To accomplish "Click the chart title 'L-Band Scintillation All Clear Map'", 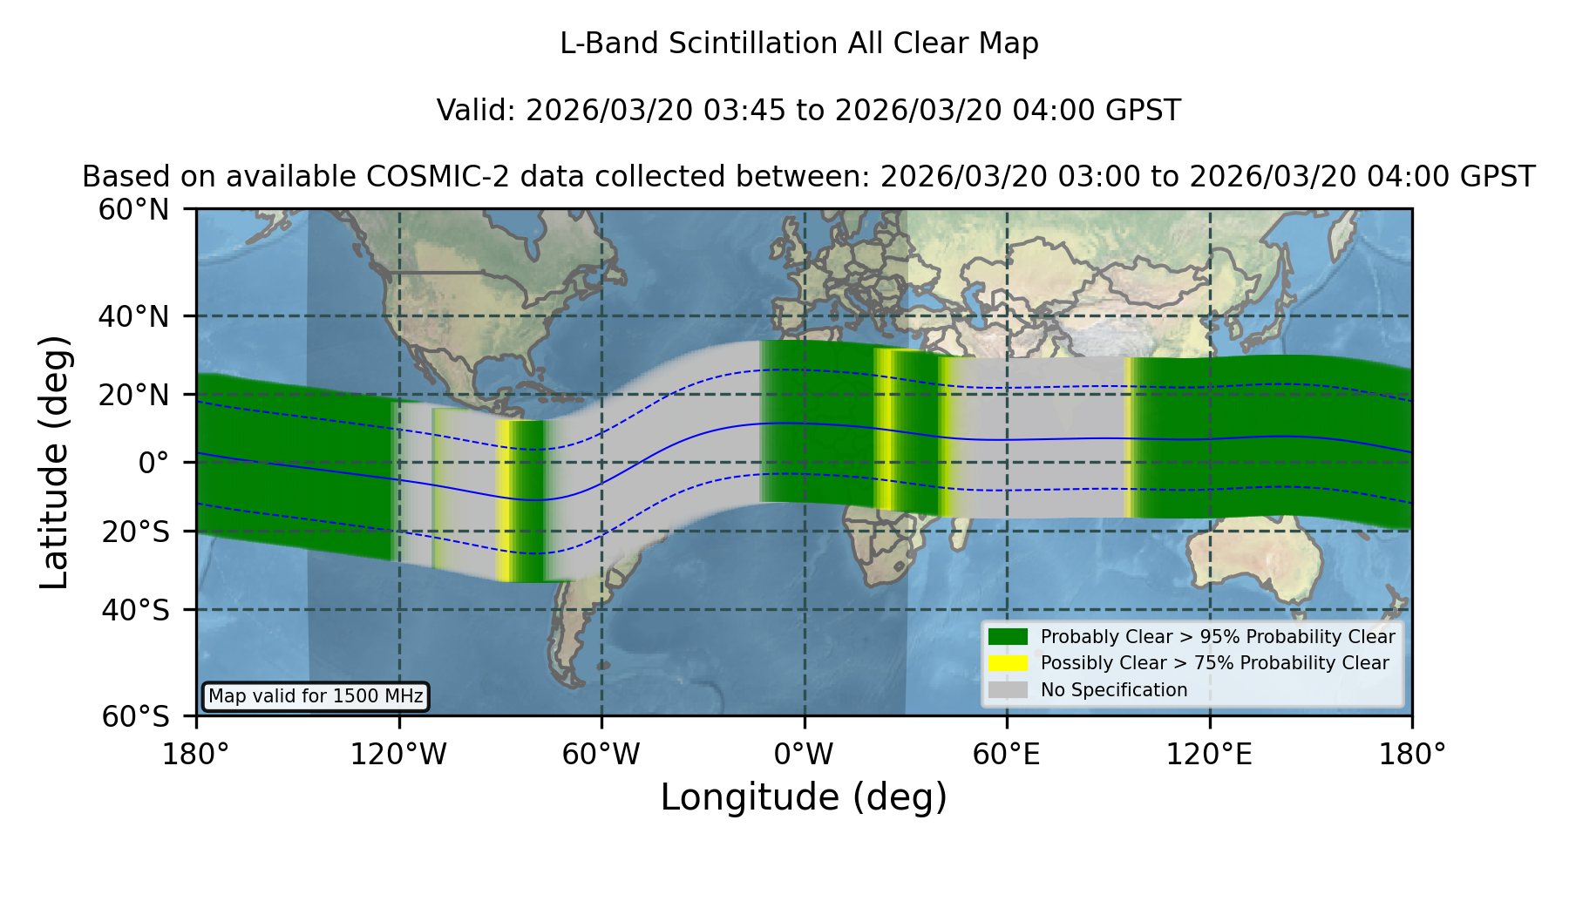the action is (x=799, y=44).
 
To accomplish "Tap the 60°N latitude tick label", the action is (x=133, y=210).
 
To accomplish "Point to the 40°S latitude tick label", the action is (x=135, y=610).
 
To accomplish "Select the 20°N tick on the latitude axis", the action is (x=133, y=395).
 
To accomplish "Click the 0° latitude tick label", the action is (x=153, y=463).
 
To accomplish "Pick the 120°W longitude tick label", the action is (x=398, y=755).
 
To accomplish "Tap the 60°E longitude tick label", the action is (x=1007, y=755).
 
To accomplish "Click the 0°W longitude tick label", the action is (x=805, y=755).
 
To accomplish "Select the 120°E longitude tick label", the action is (x=1210, y=755).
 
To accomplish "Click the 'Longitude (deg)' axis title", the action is (x=804, y=797).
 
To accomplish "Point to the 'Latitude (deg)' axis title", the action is (x=55, y=462).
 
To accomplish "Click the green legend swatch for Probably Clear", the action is (x=1009, y=637).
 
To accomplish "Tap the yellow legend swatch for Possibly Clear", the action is (x=1009, y=663).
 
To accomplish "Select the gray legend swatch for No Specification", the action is (x=1009, y=690).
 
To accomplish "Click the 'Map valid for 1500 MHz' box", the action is (x=316, y=696).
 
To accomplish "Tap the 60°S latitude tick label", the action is (x=135, y=716).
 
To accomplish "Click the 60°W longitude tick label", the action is (x=601, y=755).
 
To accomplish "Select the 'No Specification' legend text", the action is (x=1114, y=690).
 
